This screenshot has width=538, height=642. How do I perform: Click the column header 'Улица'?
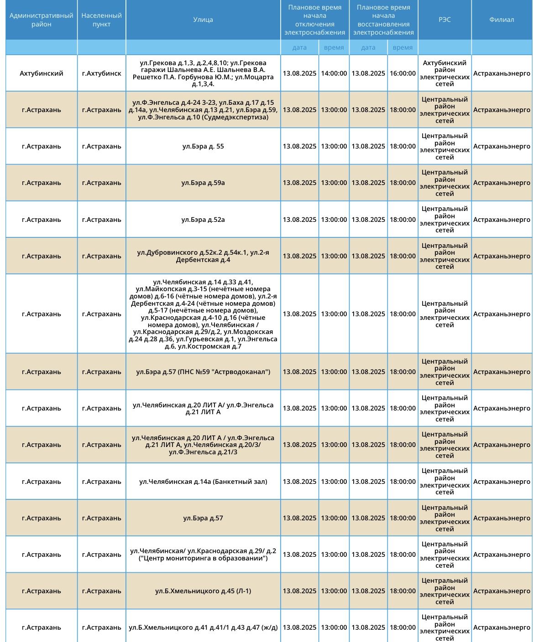(203, 20)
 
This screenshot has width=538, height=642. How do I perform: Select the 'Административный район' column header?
(42, 20)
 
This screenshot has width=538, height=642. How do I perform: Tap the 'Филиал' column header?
(501, 20)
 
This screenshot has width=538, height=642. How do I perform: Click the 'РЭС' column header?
(444, 20)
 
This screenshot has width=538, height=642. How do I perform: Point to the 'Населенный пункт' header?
(101, 20)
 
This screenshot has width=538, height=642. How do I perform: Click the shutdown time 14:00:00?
(334, 73)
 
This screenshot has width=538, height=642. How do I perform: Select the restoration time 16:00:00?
(402, 73)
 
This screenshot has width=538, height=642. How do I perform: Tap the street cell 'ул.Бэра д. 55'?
(203, 146)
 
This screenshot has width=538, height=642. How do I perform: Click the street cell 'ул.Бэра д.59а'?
(203, 183)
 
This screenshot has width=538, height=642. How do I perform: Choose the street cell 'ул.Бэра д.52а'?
(203, 220)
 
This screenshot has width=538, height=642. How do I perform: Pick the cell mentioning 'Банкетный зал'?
(203, 482)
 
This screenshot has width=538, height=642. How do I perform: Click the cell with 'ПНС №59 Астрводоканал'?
(203, 372)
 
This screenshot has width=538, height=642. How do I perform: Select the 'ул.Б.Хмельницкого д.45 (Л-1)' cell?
(203, 591)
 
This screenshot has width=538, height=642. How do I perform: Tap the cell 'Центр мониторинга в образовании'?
(203, 555)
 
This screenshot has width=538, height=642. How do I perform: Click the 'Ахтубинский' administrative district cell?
(42, 73)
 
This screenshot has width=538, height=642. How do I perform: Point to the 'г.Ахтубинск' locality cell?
(101, 73)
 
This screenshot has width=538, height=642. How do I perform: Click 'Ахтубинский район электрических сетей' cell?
(444, 73)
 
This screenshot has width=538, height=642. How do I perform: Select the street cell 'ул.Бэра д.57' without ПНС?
(203, 518)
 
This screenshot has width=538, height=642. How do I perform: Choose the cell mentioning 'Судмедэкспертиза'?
(203, 110)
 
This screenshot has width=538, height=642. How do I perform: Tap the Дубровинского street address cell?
(203, 256)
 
